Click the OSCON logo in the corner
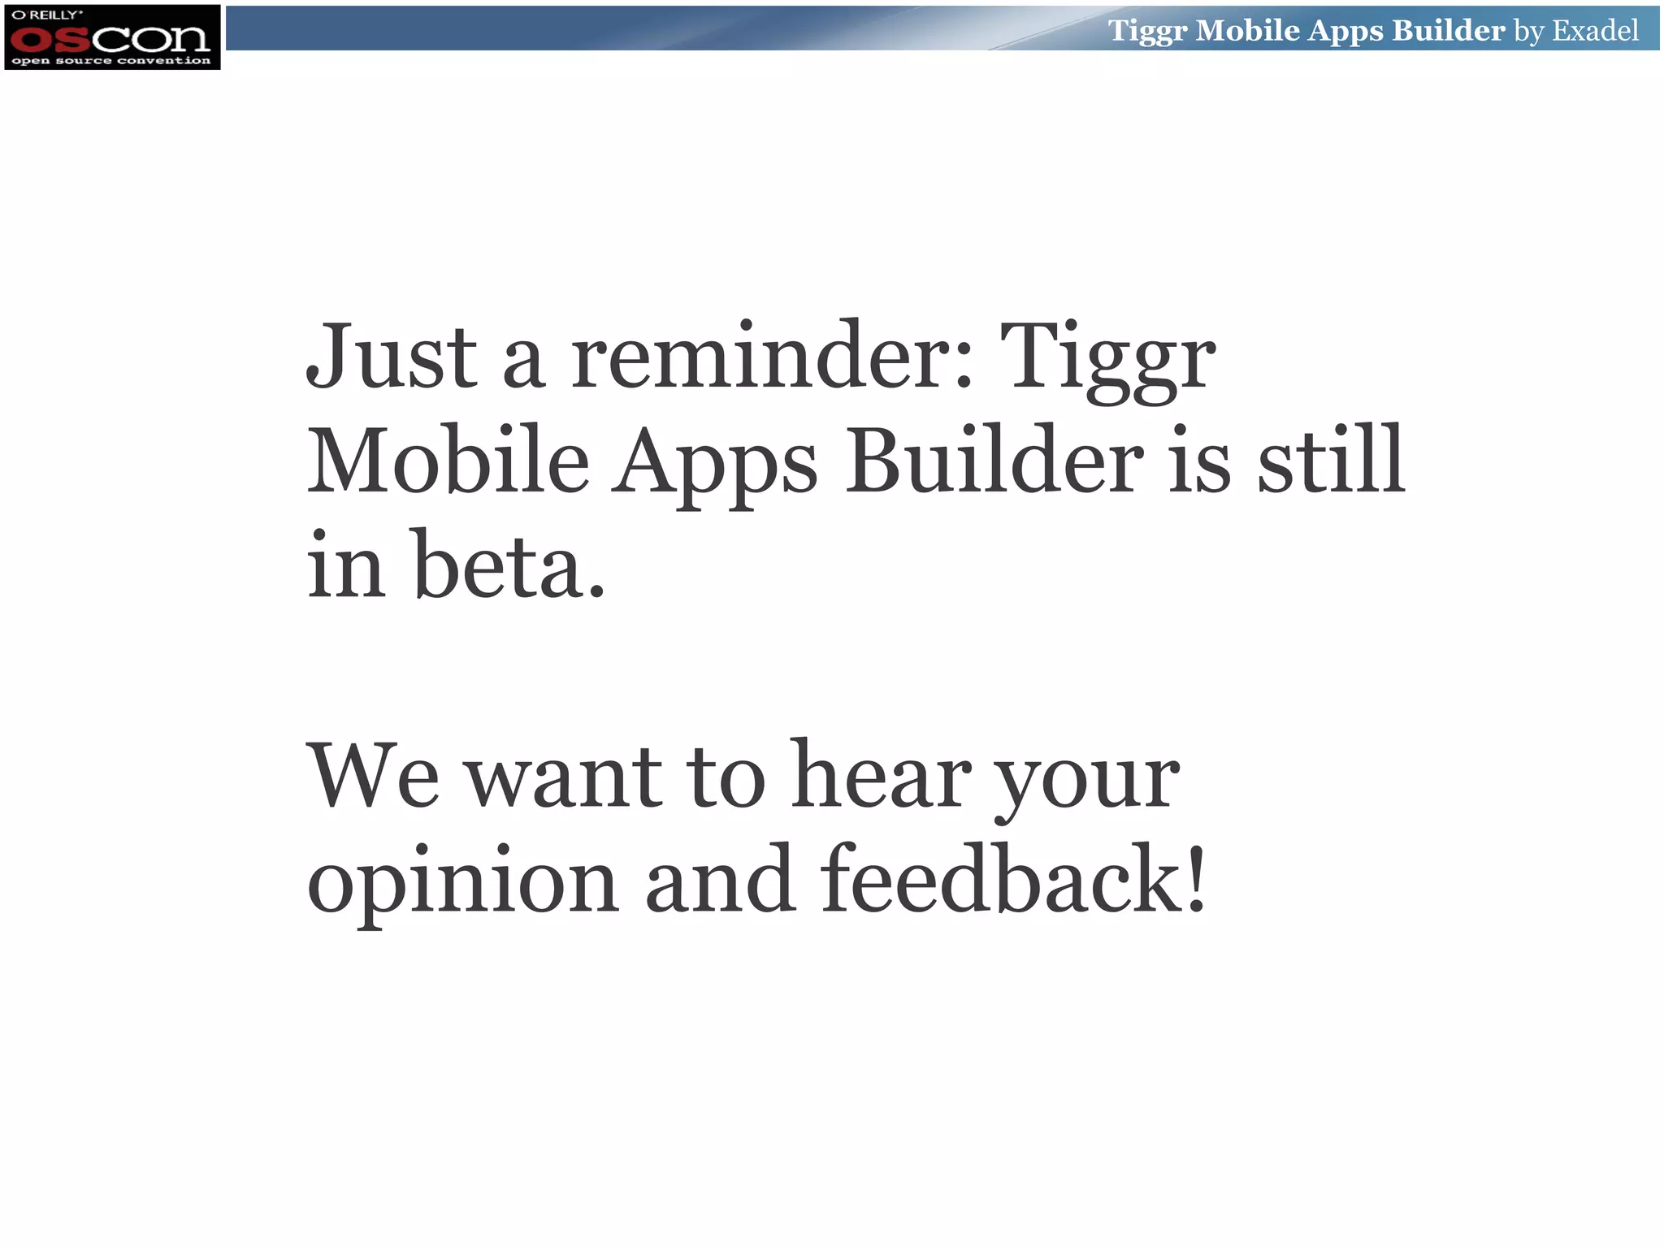(x=111, y=37)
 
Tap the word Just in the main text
(x=391, y=357)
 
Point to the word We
(x=373, y=775)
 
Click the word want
(x=565, y=777)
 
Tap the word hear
(x=881, y=775)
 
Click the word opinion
(x=462, y=881)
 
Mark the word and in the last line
(x=720, y=881)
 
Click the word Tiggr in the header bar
(x=1147, y=32)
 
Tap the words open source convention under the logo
(x=111, y=61)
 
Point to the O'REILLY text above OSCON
(x=47, y=15)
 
